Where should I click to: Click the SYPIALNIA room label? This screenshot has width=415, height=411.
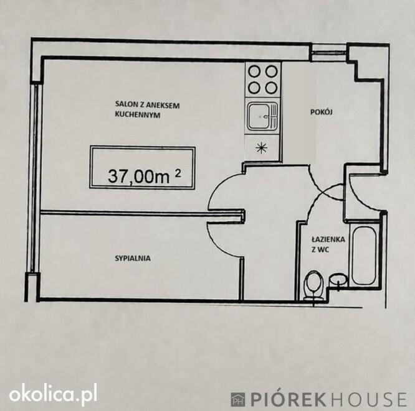(133, 258)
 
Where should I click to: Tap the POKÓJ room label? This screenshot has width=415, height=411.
(322, 112)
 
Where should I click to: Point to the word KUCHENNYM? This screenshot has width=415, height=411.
(138, 115)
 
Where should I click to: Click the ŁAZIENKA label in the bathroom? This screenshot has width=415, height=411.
(328, 239)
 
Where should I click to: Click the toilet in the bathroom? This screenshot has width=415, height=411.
(313, 286)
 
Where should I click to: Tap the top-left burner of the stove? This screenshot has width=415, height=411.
(254, 72)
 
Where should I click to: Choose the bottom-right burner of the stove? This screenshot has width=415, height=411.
(271, 88)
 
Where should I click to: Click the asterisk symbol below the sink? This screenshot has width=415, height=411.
(262, 147)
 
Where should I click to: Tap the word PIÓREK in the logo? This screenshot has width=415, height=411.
(289, 399)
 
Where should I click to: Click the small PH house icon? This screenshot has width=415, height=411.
(238, 400)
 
